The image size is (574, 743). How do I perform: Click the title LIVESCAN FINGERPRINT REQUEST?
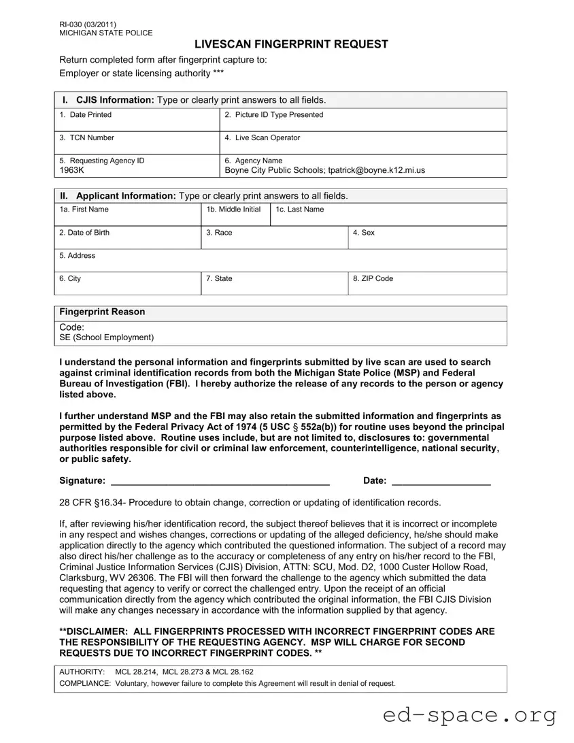click(x=291, y=44)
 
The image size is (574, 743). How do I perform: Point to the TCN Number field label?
click(x=86, y=138)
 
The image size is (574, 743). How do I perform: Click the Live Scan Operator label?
click(x=262, y=138)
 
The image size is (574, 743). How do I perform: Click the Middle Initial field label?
click(x=233, y=210)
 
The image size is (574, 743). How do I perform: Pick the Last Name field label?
click(x=299, y=210)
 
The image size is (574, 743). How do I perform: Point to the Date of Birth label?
click(x=84, y=233)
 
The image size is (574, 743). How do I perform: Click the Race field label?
click(x=219, y=233)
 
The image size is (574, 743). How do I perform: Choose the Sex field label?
click(x=363, y=233)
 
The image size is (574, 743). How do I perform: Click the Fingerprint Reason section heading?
click(x=102, y=312)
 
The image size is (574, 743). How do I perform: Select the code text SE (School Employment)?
click(x=107, y=337)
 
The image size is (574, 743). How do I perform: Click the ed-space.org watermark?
click(x=470, y=716)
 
